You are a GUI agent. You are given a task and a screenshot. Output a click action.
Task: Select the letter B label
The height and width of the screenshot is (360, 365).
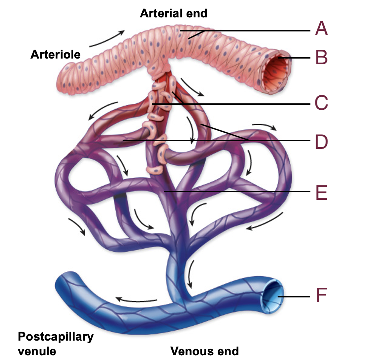click(x=321, y=58)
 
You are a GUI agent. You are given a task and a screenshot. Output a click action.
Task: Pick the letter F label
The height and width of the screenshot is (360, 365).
click(x=321, y=296)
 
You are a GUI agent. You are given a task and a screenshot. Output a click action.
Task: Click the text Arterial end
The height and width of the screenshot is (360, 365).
click(x=173, y=13)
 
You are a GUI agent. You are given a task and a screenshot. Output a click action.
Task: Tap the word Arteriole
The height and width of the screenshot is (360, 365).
click(x=56, y=54)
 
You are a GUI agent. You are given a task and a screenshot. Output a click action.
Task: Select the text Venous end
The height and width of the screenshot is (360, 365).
click(x=205, y=351)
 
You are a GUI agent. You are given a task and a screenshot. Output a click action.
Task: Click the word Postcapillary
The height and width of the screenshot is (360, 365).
click(x=56, y=337)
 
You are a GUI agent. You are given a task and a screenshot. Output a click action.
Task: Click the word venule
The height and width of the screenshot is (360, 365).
click(x=37, y=351)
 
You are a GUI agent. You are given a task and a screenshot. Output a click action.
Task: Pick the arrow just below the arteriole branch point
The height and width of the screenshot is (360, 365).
click(x=191, y=87)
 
